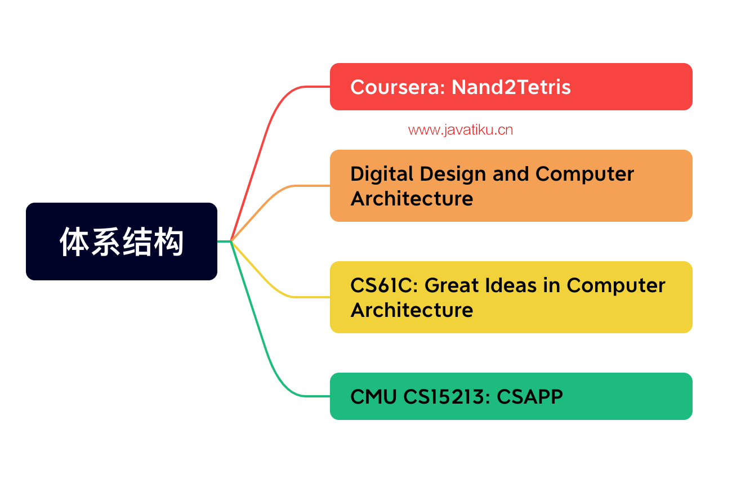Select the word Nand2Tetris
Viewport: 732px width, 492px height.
tap(511, 87)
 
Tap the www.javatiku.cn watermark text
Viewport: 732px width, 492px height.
tap(461, 130)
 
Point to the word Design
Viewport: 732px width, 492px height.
tap(453, 174)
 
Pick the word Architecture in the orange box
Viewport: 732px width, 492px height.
tap(412, 199)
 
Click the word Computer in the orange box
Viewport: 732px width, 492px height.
tap(584, 174)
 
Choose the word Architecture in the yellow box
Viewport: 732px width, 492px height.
tap(412, 310)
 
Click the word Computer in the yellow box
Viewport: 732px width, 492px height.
tap(616, 286)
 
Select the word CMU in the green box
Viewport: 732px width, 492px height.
tap(373, 397)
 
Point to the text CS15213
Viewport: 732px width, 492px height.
tap(447, 397)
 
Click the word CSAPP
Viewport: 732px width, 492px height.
tap(530, 397)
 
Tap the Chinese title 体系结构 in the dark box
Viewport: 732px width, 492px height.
tap(122, 241)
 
